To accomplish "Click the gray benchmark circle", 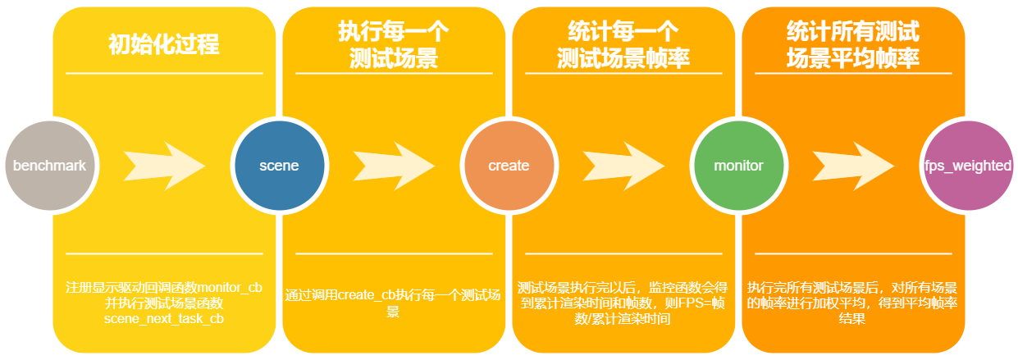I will pyautogui.click(x=49, y=166).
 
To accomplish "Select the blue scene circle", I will pyautogui.click(x=279, y=166).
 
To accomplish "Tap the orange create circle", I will pyautogui.click(x=509, y=166).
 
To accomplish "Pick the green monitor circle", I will pyautogui.click(x=738, y=166).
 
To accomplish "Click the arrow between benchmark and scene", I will pyautogui.click(x=164, y=166).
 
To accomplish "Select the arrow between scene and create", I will pyautogui.click(x=394, y=166).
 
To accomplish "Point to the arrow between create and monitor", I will pyautogui.click(x=623, y=166).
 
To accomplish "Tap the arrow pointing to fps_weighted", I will pyautogui.click(x=853, y=166).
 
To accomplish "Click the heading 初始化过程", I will pyautogui.click(x=164, y=44).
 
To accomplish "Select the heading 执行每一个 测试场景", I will pyautogui.click(x=394, y=44).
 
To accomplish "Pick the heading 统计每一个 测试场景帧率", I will pyautogui.click(x=623, y=44).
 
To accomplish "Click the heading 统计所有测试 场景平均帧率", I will pyautogui.click(x=853, y=44).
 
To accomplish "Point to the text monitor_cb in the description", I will pyautogui.click(x=230, y=288).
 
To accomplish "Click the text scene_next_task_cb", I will pyautogui.click(x=164, y=318).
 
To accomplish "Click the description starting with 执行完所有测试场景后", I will pyautogui.click(x=853, y=303).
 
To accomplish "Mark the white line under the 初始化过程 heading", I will pyautogui.click(x=164, y=73).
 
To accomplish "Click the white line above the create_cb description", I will pyautogui.click(x=394, y=253).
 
